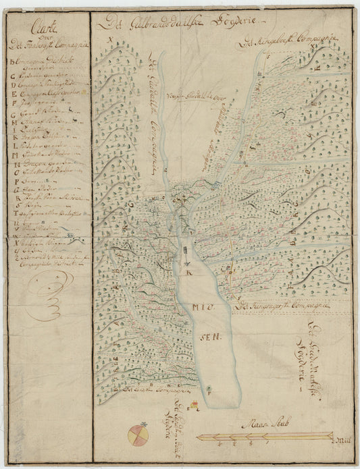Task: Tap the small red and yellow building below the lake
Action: tap(193, 406)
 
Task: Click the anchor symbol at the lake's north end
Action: tap(184, 254)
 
